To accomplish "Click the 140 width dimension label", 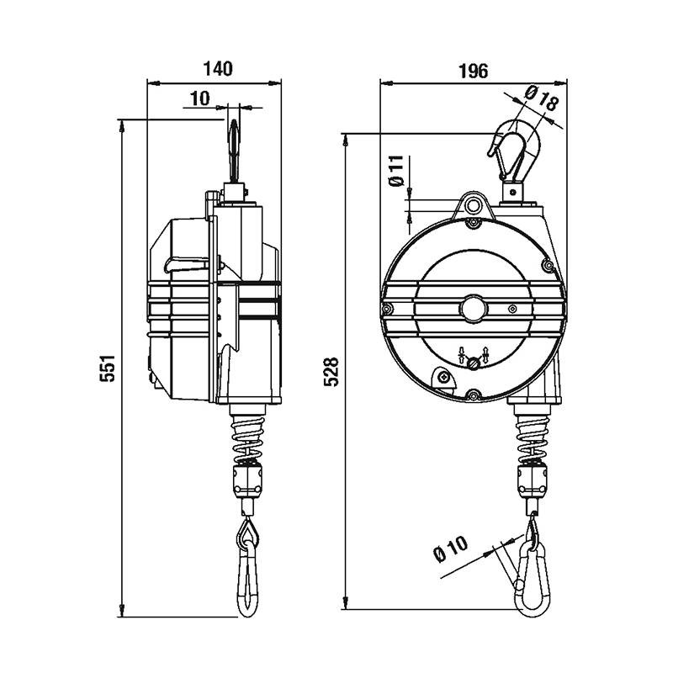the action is [218, 69].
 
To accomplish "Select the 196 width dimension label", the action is [474, 72].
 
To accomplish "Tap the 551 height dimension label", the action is [108, 368].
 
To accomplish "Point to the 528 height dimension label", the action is [331, 372].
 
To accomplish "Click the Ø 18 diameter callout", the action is [543, 98].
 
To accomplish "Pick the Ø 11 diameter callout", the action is [396, 171].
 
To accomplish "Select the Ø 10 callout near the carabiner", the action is [451, 548].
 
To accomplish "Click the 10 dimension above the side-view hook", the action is [200, 98].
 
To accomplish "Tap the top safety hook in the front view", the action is [515, 151].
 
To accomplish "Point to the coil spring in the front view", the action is [533, 438].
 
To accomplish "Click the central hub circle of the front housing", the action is [474, 308].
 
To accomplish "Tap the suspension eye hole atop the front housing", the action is [473, 205].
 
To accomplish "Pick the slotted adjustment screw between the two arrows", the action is [474, 363].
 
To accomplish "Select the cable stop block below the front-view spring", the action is [533, 480].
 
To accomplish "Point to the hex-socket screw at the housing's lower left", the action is [444, 378].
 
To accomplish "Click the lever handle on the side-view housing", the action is [187, 264].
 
